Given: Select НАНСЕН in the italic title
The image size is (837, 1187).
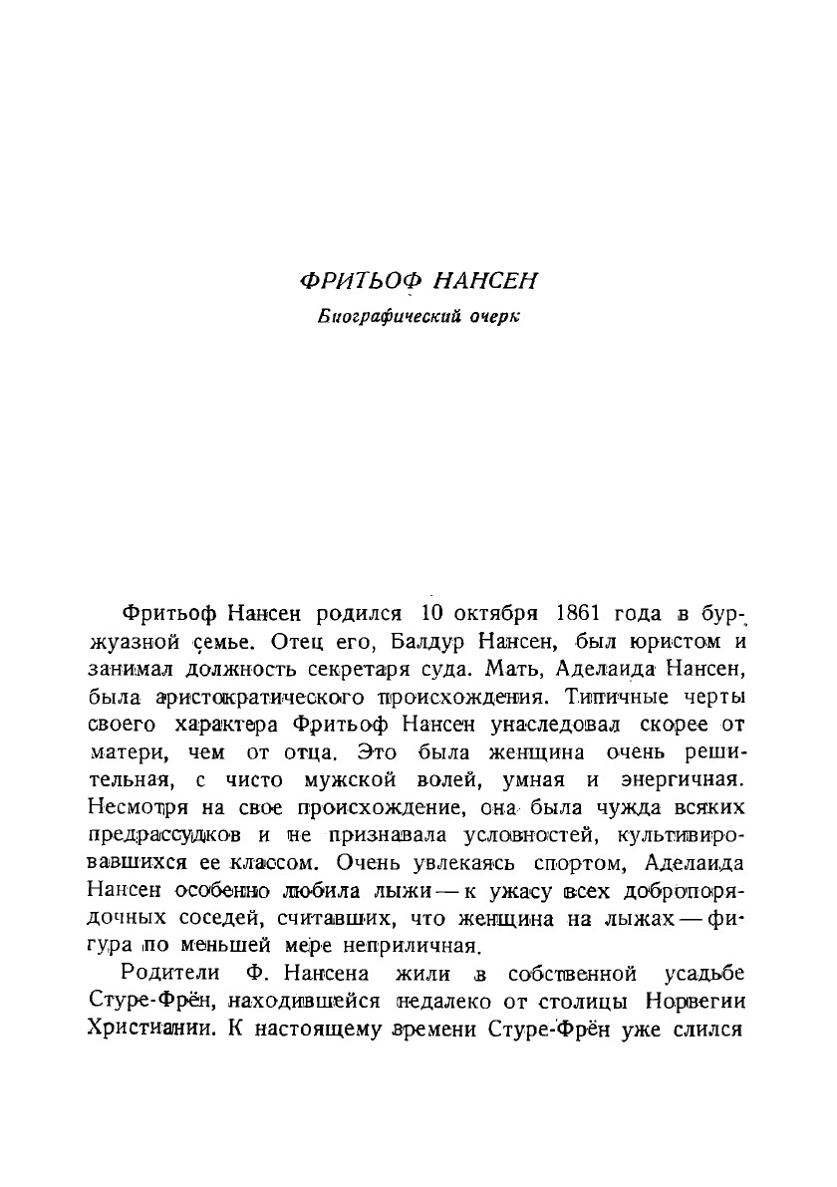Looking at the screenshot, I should [488, 282].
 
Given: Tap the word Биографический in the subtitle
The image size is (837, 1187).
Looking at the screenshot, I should [388, 318].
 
